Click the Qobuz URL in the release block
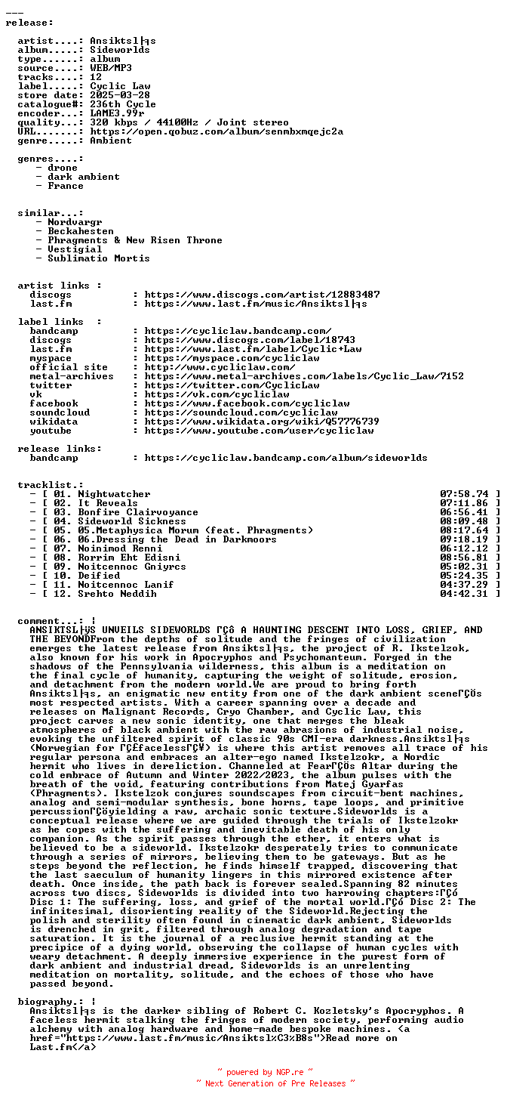point(217,131)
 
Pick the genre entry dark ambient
point(84,177)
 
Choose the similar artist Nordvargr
point(75,222)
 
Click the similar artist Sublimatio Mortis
point(99,258)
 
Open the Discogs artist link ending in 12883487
point(262,295)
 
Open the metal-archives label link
point(304,376)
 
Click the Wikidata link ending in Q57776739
point(262,422)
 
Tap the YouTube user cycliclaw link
point(259,431)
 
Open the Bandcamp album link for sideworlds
point(286,458)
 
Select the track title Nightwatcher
point(114,494)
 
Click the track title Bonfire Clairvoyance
point(138,512)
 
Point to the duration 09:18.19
point(464,539)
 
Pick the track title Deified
point(99,576)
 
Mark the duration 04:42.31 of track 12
point(464,594)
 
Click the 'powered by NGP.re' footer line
point(265,1072)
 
